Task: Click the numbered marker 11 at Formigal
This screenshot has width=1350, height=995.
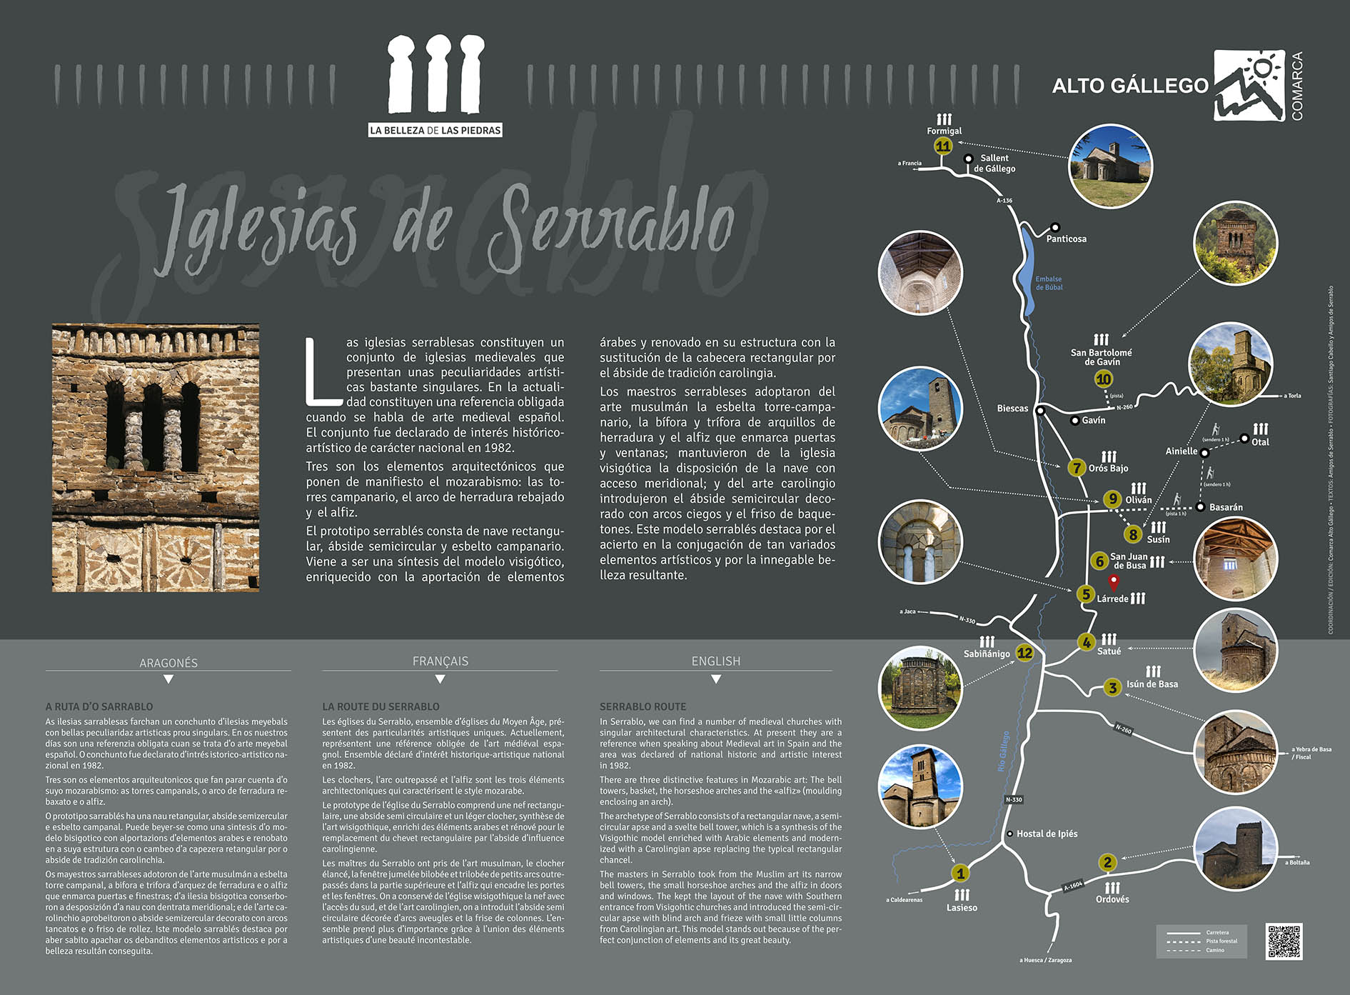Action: click(943, 146)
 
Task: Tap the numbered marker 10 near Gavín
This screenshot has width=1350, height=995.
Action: click(1104, 379)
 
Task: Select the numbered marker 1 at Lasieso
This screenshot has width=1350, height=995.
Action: click(960, 874)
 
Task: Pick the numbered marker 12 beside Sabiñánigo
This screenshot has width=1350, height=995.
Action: click(1024, 653)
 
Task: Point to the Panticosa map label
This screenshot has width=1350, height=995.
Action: click(1066, 239)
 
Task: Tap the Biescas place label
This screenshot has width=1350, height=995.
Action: click(1012, 409)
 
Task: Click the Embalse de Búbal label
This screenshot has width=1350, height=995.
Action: click(1049, 284)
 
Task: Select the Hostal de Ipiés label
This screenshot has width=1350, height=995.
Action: click(1047, 834)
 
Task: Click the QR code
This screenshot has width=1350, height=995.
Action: click(1284, 941)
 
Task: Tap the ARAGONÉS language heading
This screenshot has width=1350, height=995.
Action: click(168, 663)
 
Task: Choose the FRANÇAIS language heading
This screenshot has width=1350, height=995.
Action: click(440, 661)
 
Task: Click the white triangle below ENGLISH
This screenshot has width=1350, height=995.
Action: click(716, 679)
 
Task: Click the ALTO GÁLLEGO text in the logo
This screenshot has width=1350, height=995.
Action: click(1130, 86)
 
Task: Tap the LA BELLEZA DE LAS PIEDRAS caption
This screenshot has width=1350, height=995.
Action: click(435, 130)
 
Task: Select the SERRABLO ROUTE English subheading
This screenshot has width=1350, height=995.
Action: click(643, 706)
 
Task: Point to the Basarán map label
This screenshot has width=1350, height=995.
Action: click(1226, 507)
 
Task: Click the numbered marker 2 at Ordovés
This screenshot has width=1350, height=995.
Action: click(1107, 863)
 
